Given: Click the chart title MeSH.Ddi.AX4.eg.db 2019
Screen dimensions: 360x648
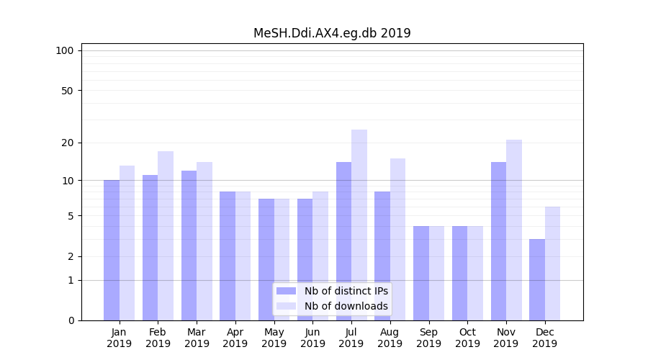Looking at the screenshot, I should (x=332, y=33).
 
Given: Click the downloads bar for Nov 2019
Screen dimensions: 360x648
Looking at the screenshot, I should (x=514, y=230).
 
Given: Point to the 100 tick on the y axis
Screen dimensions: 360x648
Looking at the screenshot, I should (x=65, y=50).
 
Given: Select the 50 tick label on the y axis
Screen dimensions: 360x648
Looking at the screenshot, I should (x=68, y=91).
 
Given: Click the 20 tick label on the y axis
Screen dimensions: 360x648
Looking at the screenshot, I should (x=68, y=143).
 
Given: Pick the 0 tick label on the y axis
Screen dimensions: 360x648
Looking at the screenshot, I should (x=71, y=320).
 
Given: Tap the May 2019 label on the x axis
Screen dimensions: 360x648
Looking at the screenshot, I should (x=274, y=338).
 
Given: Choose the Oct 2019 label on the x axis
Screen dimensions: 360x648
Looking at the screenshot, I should (x=467, y=338).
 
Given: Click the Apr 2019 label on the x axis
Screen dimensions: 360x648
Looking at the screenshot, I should (x=235, y=338).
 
